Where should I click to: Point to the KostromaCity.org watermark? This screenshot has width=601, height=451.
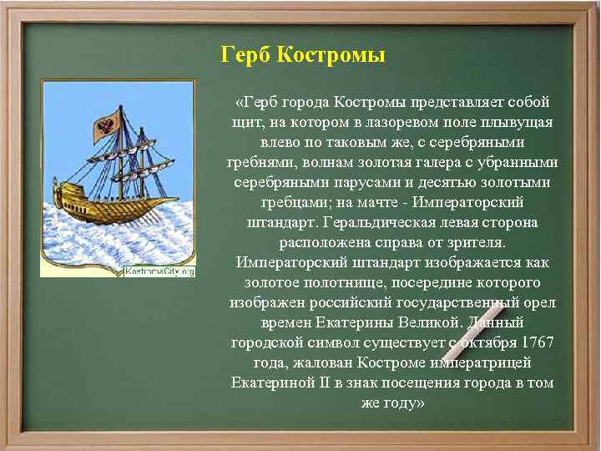click(x=159, y=271)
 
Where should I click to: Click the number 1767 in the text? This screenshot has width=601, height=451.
click(x=535, y=343)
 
